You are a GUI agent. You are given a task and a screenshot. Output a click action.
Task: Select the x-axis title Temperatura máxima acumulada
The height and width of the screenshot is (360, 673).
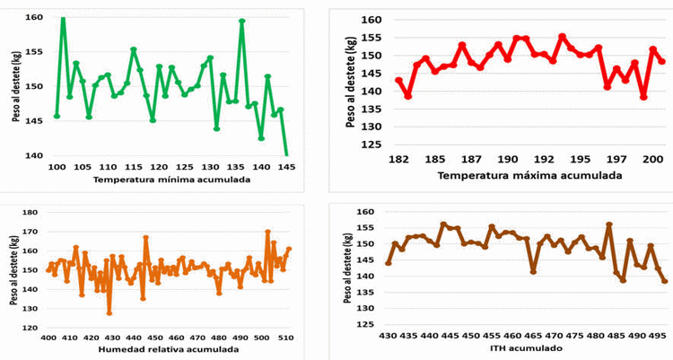(529, 175)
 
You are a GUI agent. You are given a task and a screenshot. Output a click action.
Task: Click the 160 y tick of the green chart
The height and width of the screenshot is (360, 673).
(33, 18)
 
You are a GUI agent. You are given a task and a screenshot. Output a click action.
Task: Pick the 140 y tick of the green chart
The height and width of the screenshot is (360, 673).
(33, 155)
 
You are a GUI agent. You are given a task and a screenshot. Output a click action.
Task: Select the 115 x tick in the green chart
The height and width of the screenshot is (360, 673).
(134, 167)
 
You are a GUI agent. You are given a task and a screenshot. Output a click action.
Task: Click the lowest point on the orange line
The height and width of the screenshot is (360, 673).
(109, 312)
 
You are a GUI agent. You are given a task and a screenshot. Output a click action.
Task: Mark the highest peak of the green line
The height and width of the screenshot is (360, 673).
(63, 18)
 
